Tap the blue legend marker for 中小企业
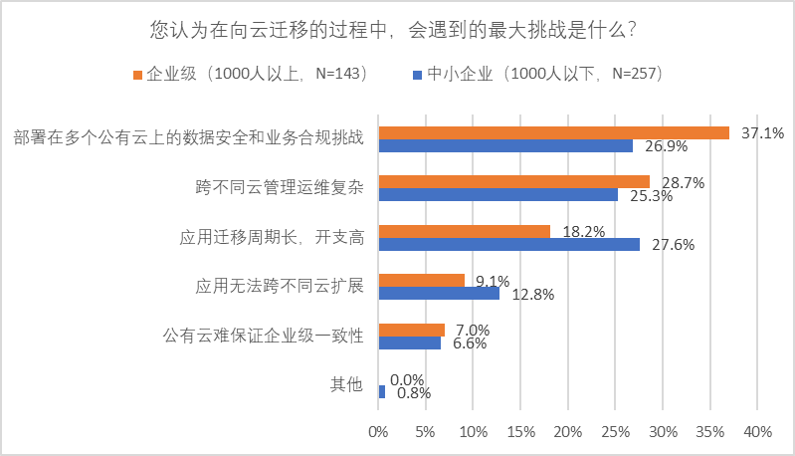pos(416,74)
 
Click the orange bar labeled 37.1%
pos(553,132)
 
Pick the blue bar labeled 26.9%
pos(505,146)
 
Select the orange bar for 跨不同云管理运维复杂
pos(513,181)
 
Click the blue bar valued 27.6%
pos(508,244)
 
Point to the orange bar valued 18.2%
pos(464,231)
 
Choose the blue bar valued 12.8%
pos(439,293)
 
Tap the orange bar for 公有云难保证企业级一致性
pos(411,330)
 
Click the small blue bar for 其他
pos(382,392)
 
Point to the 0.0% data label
pos(408,379)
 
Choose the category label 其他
pos(346,385)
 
